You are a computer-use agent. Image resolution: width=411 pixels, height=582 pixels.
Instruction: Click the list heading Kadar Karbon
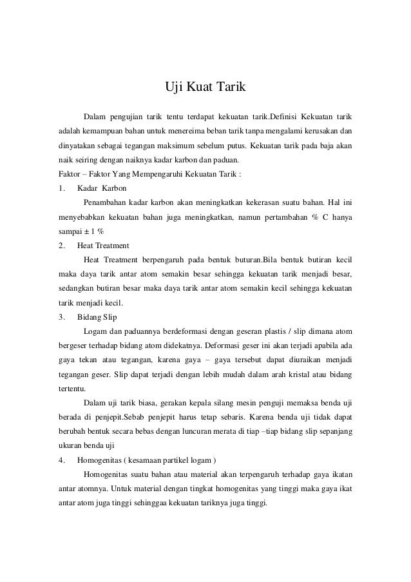[x=102, y=189]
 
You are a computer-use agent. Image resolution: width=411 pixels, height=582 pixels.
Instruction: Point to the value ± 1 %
[x=95, y=231]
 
